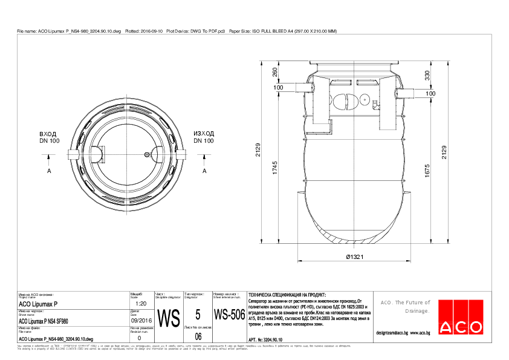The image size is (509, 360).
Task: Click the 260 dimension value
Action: tap(276, 72)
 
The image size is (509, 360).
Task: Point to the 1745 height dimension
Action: tap(276, 170)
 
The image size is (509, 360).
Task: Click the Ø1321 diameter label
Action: tap(355, 257)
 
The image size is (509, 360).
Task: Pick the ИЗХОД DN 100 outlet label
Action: tap(204, 137)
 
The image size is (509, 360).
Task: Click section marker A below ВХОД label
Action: tap(48, 171)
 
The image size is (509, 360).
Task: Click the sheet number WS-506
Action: tap(229, 315)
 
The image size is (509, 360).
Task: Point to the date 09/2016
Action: tap(140, 321)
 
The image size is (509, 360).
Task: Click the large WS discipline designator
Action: tap(168, 318)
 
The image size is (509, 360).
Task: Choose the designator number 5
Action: tap(198, 314)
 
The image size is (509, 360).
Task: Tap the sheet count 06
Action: tap(198, 336)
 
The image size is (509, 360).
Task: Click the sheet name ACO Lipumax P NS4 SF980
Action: tap(44, 321)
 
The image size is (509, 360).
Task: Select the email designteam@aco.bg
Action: tap(403, 333)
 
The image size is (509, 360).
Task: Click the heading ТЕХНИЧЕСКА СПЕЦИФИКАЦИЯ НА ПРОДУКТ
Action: tap(283, 293)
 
